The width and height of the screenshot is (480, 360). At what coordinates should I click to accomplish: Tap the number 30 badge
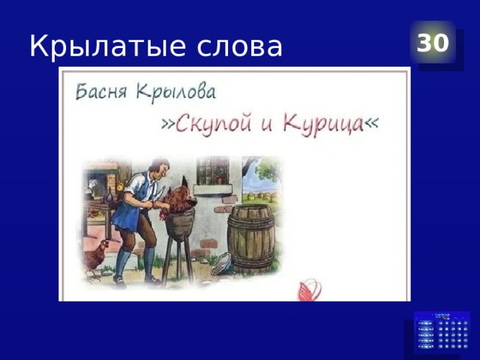(x=433, y=43)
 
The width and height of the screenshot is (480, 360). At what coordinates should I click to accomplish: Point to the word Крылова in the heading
(x=175, y=93)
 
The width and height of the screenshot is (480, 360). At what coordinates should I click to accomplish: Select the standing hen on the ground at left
(x=96, y=257)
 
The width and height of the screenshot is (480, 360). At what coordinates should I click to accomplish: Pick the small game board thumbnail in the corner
(x=442, y=333)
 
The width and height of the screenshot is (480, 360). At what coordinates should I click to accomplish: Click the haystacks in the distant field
(x=265, y=196)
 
